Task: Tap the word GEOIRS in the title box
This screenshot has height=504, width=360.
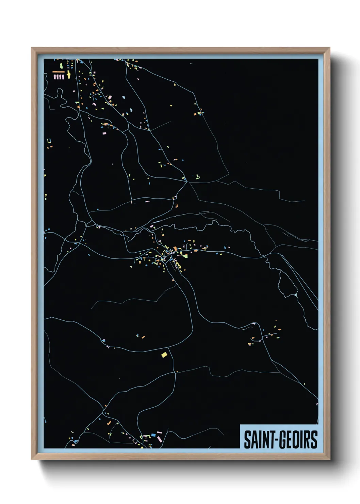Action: click(x=298, y=440)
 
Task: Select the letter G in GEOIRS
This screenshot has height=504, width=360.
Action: click(x=283, y=440)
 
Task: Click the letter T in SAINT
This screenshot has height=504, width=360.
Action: click(x=272, y=440)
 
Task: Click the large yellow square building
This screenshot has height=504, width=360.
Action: click(x=164, y=355)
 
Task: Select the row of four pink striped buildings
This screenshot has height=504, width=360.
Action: click(x=59, y=77)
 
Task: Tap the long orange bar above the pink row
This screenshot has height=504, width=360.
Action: click(x=59, y=72)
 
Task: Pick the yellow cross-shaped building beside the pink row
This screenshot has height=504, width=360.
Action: click(x=69, y=75)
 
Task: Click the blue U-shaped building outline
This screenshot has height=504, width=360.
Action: click(x=49, y=141)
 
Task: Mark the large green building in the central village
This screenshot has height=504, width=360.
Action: click(x=185, y=255)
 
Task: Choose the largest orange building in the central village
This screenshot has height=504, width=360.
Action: click(x=175, y=249)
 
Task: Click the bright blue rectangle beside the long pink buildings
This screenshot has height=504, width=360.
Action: click(x=153, y=435)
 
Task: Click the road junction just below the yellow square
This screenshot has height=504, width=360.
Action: click(x=176, y=372)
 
